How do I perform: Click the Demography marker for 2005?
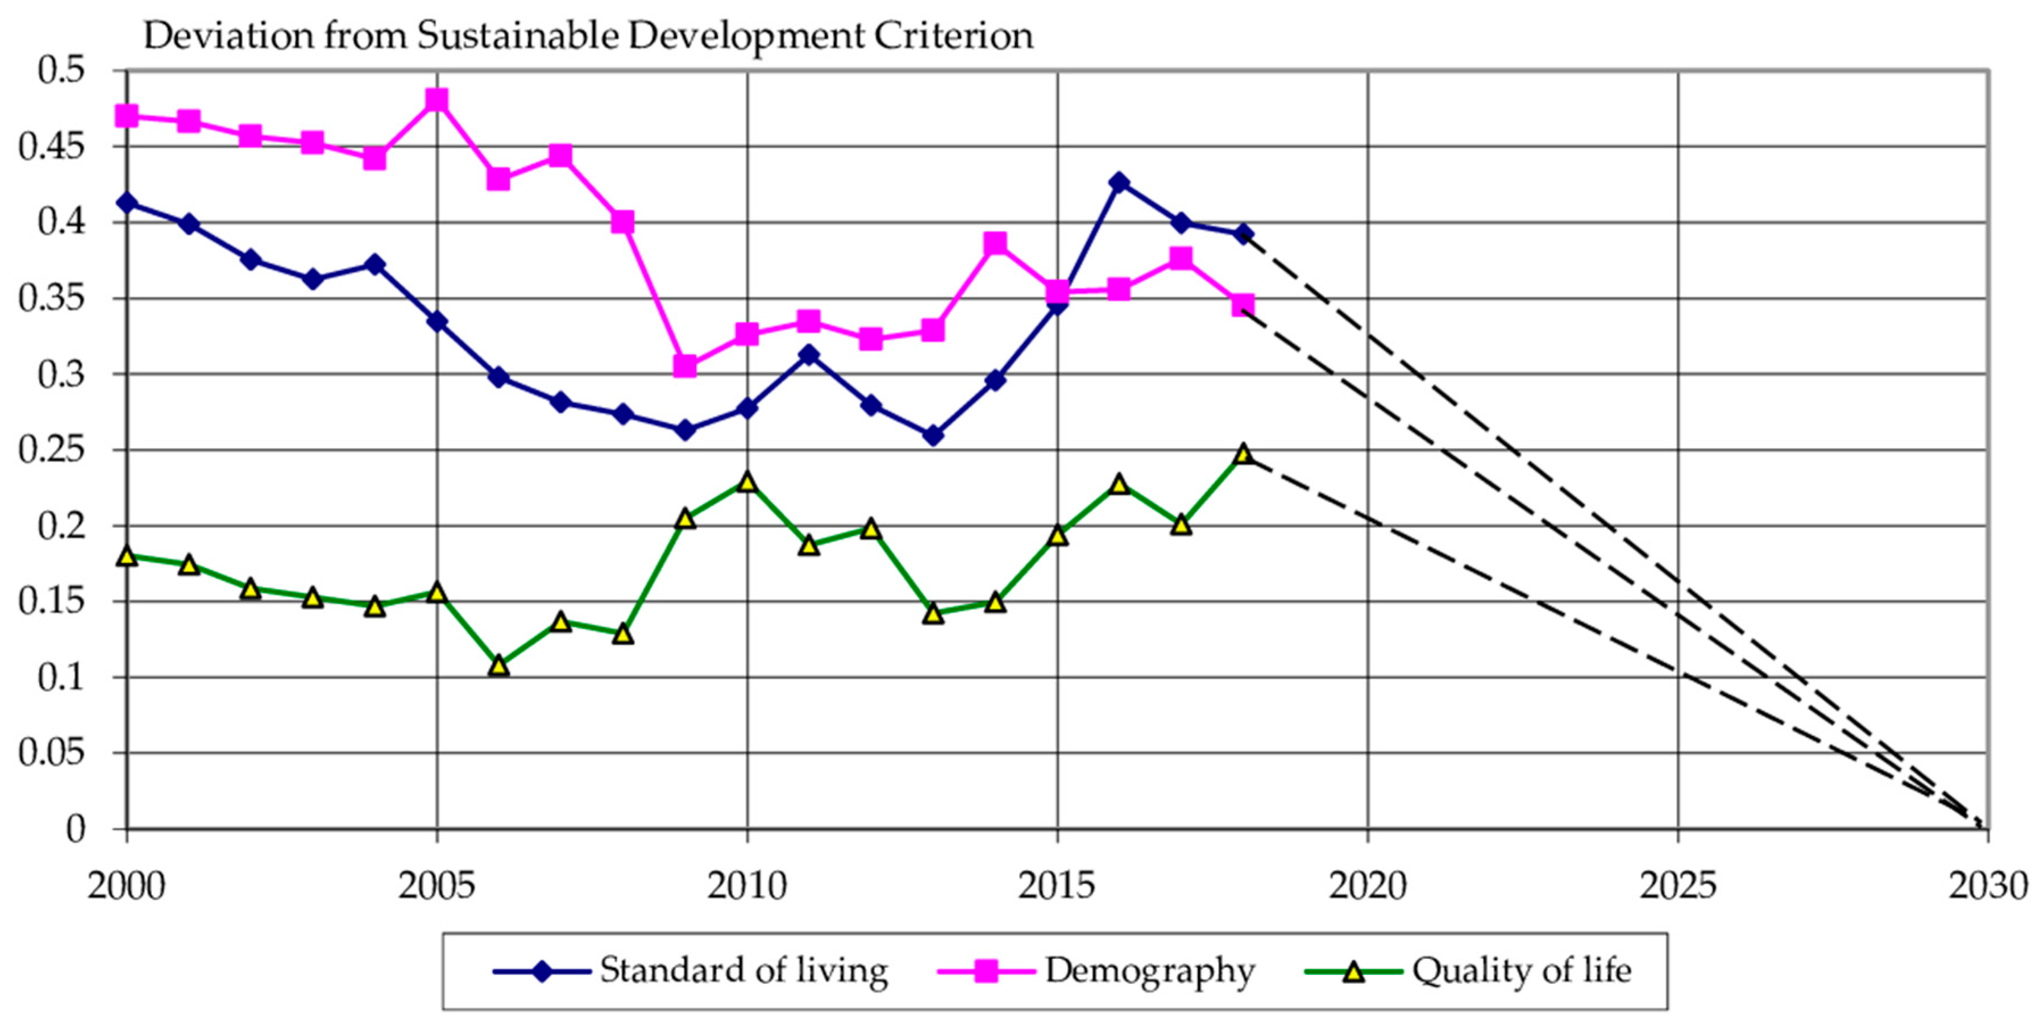(x=437, y=100)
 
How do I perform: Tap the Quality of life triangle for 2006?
(x=498, y=665)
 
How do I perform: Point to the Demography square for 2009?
(x=685, y=366)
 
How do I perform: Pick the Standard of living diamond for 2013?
(x=933, y=436)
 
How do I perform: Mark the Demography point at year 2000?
(x=126, y=116)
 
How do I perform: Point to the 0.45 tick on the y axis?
(x=52, y=147)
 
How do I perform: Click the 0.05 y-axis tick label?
(x=52, y=753)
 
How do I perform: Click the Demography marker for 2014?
(x=995, y=243)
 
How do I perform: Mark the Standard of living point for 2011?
(x=808, y=355)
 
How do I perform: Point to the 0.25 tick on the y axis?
(x=52, y=450)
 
